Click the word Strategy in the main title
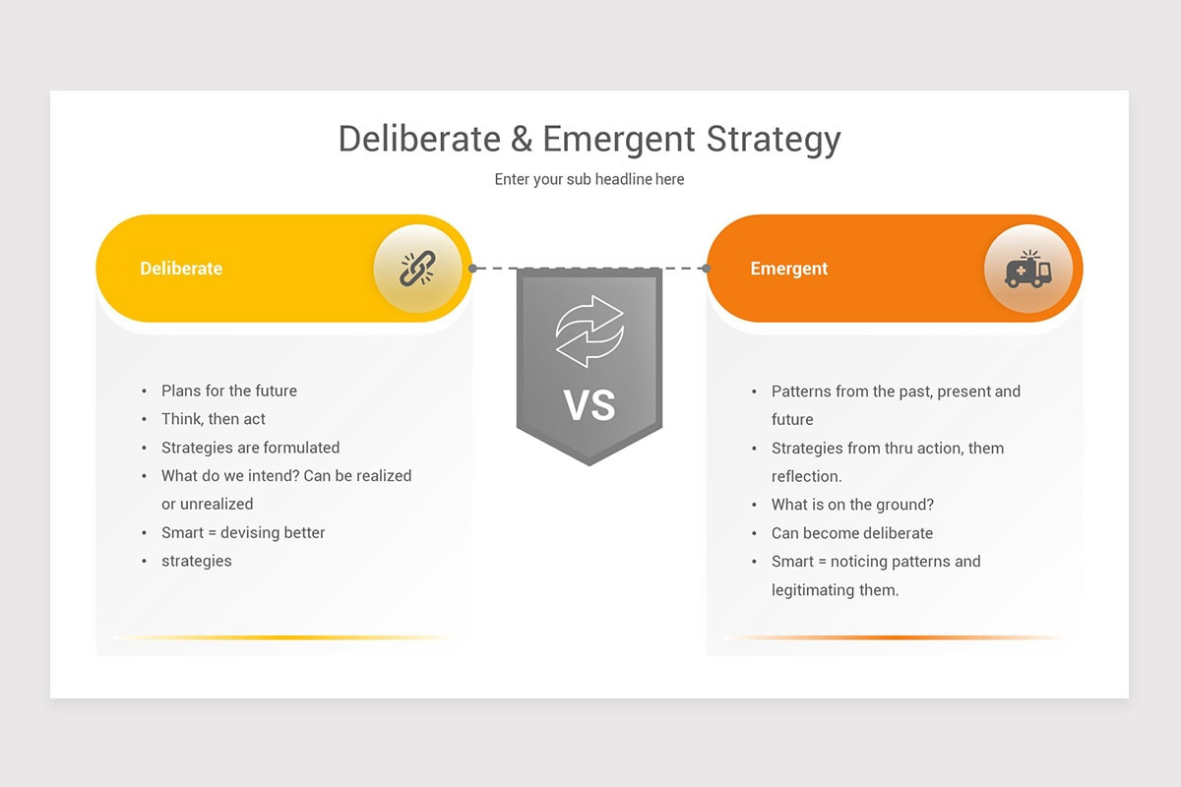point(773,140)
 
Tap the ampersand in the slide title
point(522,139)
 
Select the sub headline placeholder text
point(590,179)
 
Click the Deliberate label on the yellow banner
point(181,269)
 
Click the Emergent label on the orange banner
point(789,269)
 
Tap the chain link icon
point(417,268)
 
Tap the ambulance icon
point(1027,269)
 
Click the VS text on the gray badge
point(590,404)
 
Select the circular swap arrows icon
point(590,331)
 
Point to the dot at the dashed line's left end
point(473,268)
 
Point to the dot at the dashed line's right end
point(706,268)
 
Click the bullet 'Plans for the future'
point(229,391)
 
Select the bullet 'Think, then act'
point(214,419)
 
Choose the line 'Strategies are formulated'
point(250,448)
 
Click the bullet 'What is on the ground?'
point(852,505)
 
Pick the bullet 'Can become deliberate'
point(852,533)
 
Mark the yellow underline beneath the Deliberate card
point(280,637)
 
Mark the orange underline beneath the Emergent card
point(892,637)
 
